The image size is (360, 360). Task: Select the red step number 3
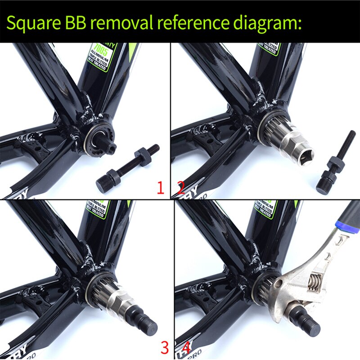165,347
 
